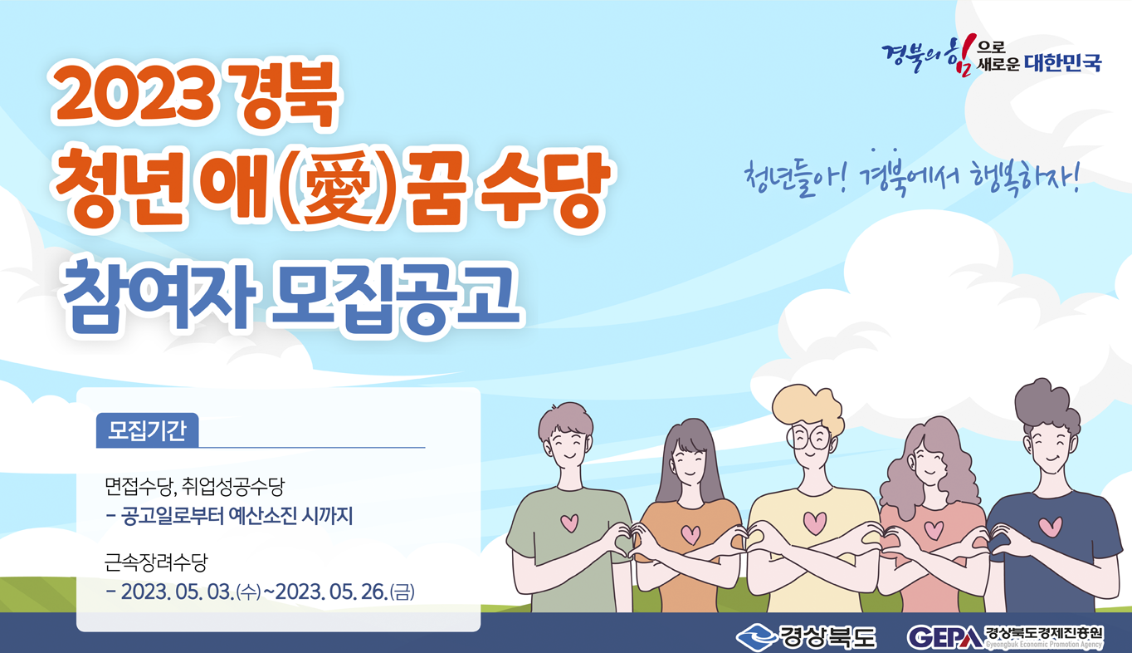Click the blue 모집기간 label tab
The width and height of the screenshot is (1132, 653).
pos(147,430)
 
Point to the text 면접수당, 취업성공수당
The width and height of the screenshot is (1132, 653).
pos(195,486)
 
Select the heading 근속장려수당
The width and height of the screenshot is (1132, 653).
pos(156,562)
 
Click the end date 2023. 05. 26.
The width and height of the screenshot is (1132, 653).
pos(331,592)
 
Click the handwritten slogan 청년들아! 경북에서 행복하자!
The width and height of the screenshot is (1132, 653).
pos(912,178)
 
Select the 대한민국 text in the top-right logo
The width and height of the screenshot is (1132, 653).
pos(1063,62)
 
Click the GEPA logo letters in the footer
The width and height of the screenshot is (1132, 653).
pos(945,637)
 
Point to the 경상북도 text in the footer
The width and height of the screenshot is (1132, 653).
pos(827,637)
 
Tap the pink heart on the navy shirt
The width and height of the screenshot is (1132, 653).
pos(1051,527)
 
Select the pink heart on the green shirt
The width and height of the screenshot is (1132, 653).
pos(569,523)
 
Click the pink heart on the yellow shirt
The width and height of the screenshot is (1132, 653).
pos(815,523)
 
